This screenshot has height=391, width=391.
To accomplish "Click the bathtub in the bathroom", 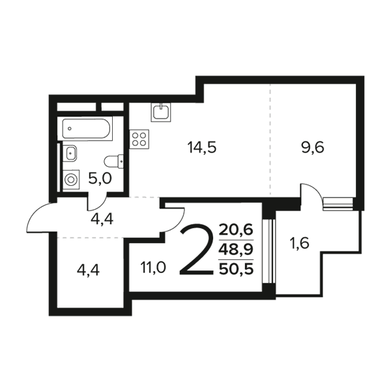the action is [85, 128].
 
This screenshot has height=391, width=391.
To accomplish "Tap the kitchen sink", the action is [161, 112].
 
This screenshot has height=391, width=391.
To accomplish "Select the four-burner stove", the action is [139, 139].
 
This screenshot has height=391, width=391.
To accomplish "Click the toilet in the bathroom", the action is [113, 162].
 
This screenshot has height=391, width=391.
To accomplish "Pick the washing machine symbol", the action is [71, 180].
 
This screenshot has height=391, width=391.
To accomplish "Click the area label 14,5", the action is [202, 148].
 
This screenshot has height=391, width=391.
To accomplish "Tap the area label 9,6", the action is [313, 148].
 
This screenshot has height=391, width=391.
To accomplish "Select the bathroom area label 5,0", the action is [100, 179].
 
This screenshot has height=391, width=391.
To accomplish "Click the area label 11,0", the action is [153, 268].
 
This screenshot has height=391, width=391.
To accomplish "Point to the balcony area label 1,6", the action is [299, 243].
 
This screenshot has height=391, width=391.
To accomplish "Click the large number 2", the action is [197, 250].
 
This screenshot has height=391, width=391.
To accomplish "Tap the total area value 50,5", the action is [236, 268].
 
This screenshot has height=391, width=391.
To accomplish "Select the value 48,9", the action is [236, 249].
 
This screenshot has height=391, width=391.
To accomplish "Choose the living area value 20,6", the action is [236, 229].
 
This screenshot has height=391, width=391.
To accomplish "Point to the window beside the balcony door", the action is [338, 203].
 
